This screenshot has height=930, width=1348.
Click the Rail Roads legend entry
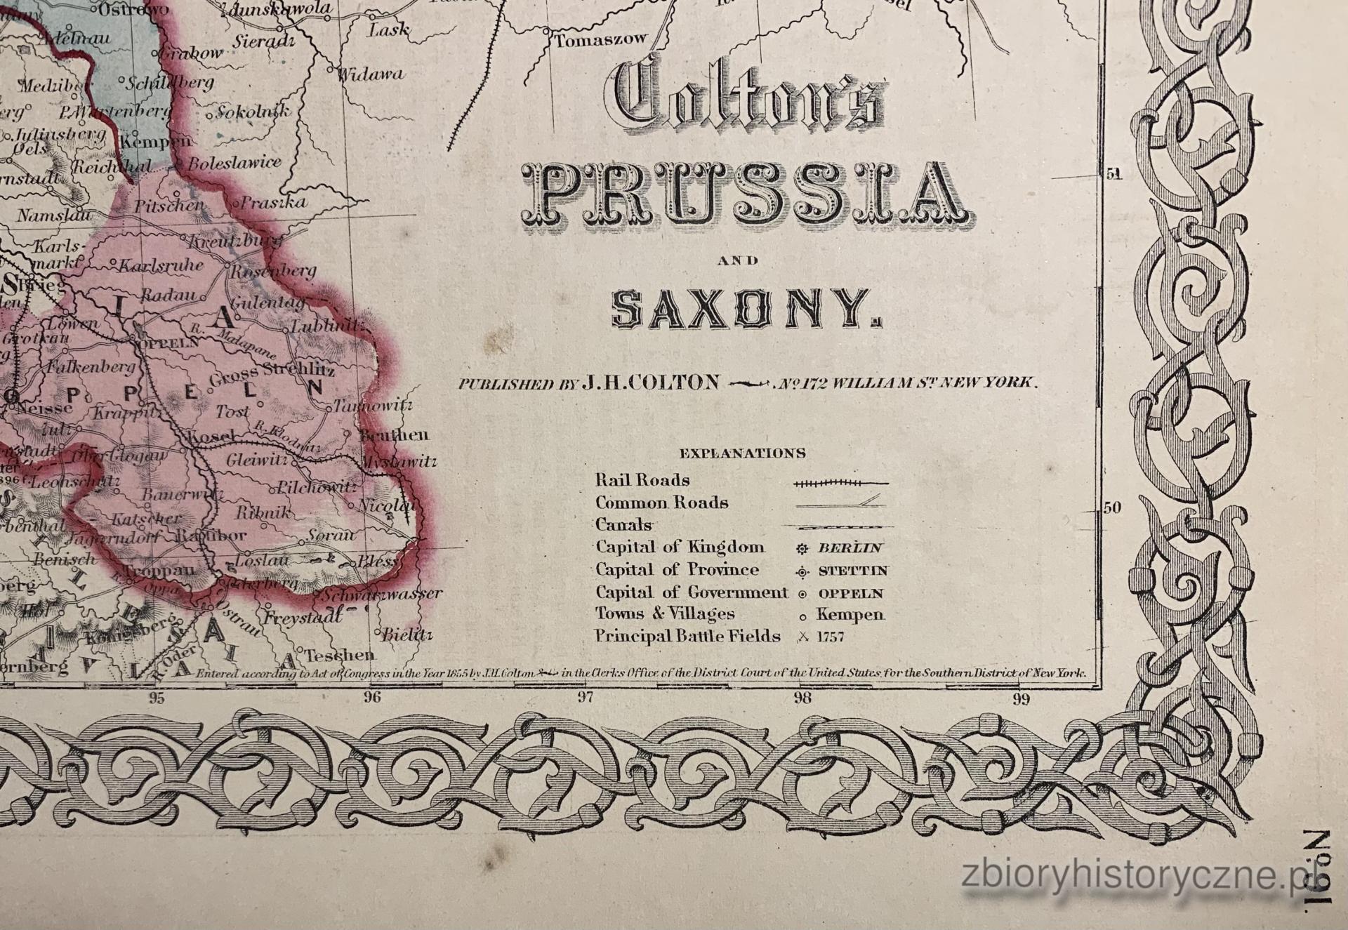pos(642,481)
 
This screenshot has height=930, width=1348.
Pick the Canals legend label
pos(623,525)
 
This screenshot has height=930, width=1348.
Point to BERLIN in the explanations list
pos(850,548)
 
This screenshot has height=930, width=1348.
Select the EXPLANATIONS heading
pos(743,453)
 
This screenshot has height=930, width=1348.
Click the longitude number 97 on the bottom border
pos(586,697)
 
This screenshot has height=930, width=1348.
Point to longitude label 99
pos(1021,698)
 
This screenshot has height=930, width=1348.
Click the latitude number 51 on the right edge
pos(1114,174)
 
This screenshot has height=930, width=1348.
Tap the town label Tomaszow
pos(600,41)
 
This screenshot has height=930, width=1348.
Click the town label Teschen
pos(341,656)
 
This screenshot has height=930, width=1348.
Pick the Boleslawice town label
pos(234,164)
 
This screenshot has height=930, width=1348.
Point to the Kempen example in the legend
pos(850,615)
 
